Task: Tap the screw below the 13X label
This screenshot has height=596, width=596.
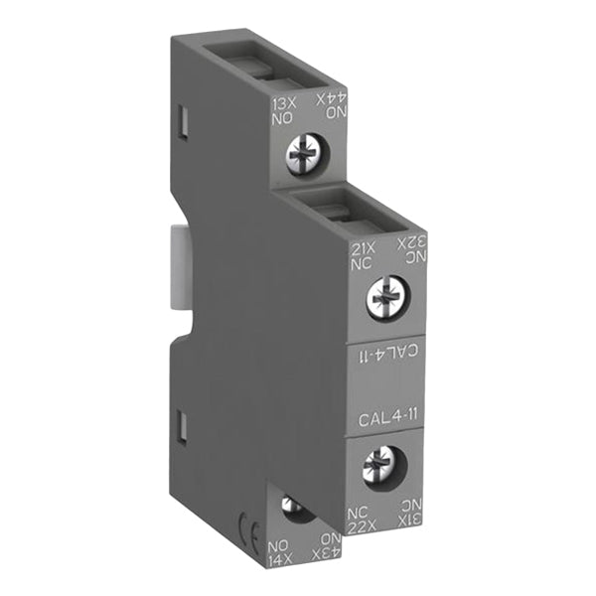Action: (302, 152)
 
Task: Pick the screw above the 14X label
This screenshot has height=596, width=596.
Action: (294, 508)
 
